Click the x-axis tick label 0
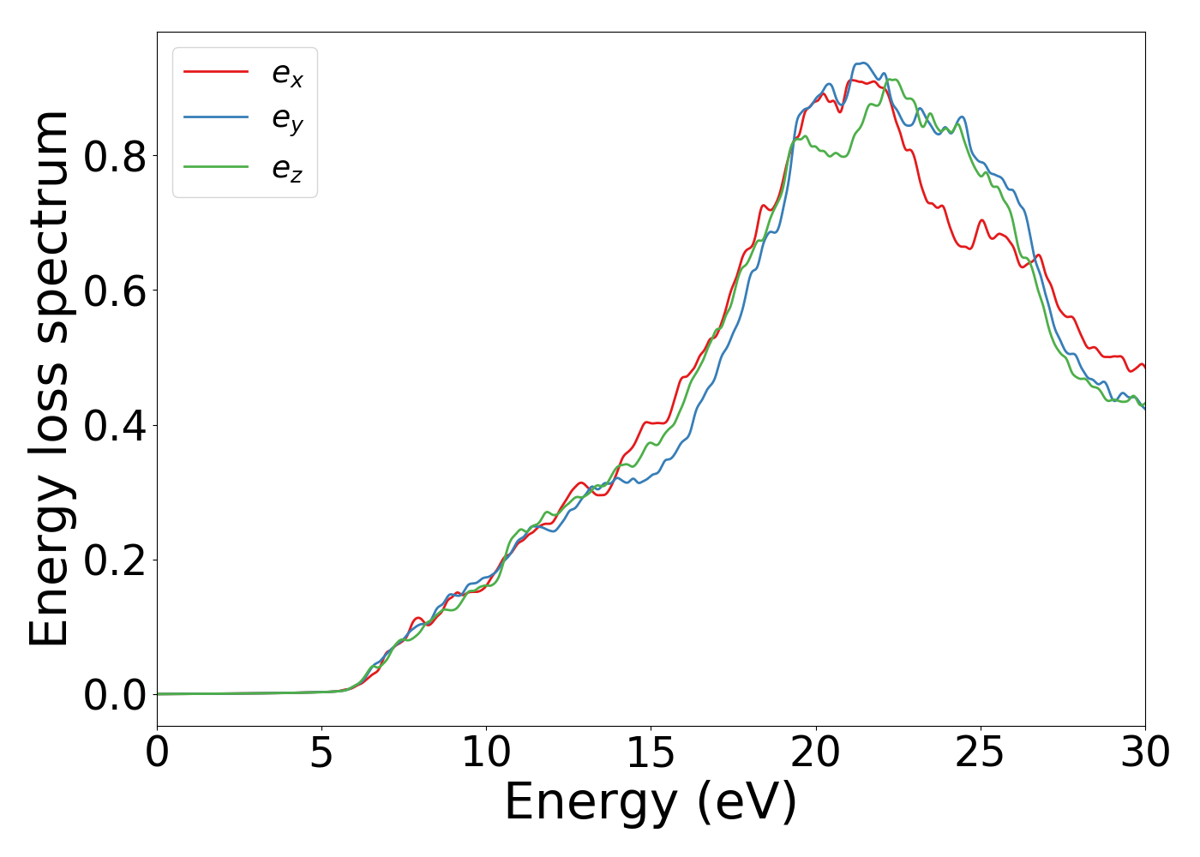(x=157, y=753)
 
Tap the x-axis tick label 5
(x=321, y=753)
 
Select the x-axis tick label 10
(x=486, y=753)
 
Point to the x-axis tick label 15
(x=651, y=753)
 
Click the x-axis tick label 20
(x=815, y=753)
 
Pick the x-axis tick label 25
(x=980, y=753)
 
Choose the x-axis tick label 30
(x=1144, y=753)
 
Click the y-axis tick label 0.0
(x=115, y=695)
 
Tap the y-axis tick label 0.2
(x=115, y=560)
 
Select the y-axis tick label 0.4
(x=115, y=426)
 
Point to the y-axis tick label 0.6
(x=115, y=291)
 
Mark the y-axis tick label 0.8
(x=115, y=156)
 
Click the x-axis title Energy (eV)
(x=651, y=803)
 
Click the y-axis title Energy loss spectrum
(x=50, y=379)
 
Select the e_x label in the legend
(x=287, y=75)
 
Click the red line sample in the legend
(x=216, y=72)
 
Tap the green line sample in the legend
(x=216, y=166)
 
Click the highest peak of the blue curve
(x=862, y=63)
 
